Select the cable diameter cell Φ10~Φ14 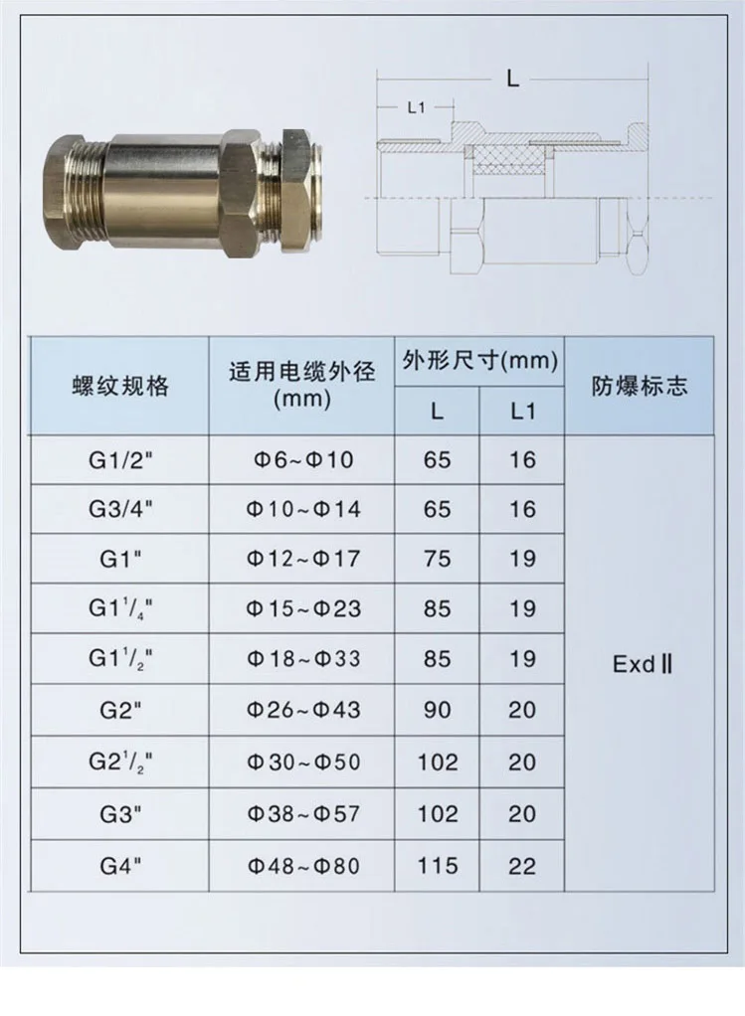(302, 509)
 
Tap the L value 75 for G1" (437, 559)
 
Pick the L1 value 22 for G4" (522, 866)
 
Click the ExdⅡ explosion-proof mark (642, 664)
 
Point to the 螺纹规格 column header (120, 386)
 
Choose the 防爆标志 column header (640, 386)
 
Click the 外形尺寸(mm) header (479, 361)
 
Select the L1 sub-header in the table (522, 412)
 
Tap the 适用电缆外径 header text (302, 373)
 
